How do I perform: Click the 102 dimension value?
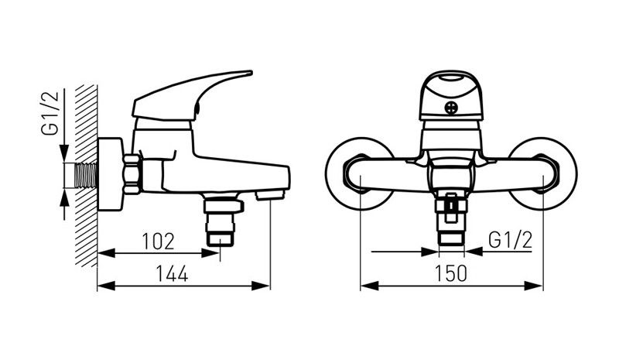pyautogui.click(x=158, y=241)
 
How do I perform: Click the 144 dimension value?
pyautogui.click(x=172, y=273)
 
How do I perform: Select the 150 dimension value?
pyautogui.click(x=451, y=273)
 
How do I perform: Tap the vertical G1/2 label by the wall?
pyautogui.click(x=50, y=113)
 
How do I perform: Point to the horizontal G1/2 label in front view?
pyautogui.click(x=511, y=240)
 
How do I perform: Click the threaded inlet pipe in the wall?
pyautogui.click(x=86, y=176)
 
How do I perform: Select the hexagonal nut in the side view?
pyautogui.click(x=132, y=174)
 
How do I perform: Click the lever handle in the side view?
pyautogui.click(x=193, y=96)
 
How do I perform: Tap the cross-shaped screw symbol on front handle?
pyautogui.click(x=451, y=108)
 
